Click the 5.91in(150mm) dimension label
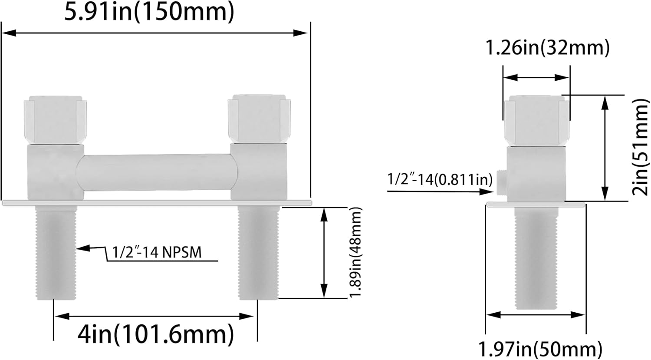tap(149, 12)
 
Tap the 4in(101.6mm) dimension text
tap(155, 334)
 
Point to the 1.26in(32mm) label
tap(547, 48)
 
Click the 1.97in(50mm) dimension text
tap(540, 349)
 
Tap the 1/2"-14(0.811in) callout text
tap(440, 179)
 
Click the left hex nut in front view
tap(54, 119)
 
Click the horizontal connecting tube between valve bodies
tap(157, 172)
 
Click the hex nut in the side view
tap(536, 120)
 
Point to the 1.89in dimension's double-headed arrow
tap(323, 253)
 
